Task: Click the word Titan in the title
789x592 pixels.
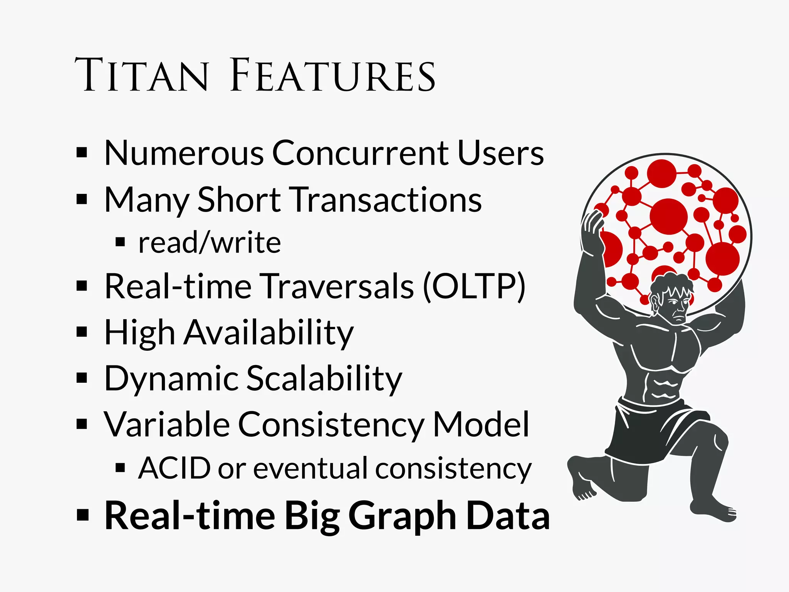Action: pos(142,75)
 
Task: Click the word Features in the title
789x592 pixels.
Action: pos(333,75)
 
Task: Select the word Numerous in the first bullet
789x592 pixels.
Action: pos(184,153)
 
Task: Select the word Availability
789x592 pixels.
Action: pos(268,333)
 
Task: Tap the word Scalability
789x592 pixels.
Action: pos(324,379)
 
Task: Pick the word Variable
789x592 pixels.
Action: pos(167,425)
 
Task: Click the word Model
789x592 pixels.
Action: pos(481,425)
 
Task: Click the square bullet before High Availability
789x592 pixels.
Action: pos(82,332)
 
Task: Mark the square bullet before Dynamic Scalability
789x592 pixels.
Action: pos(82,378)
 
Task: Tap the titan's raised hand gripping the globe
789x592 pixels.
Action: pos(593,225)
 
